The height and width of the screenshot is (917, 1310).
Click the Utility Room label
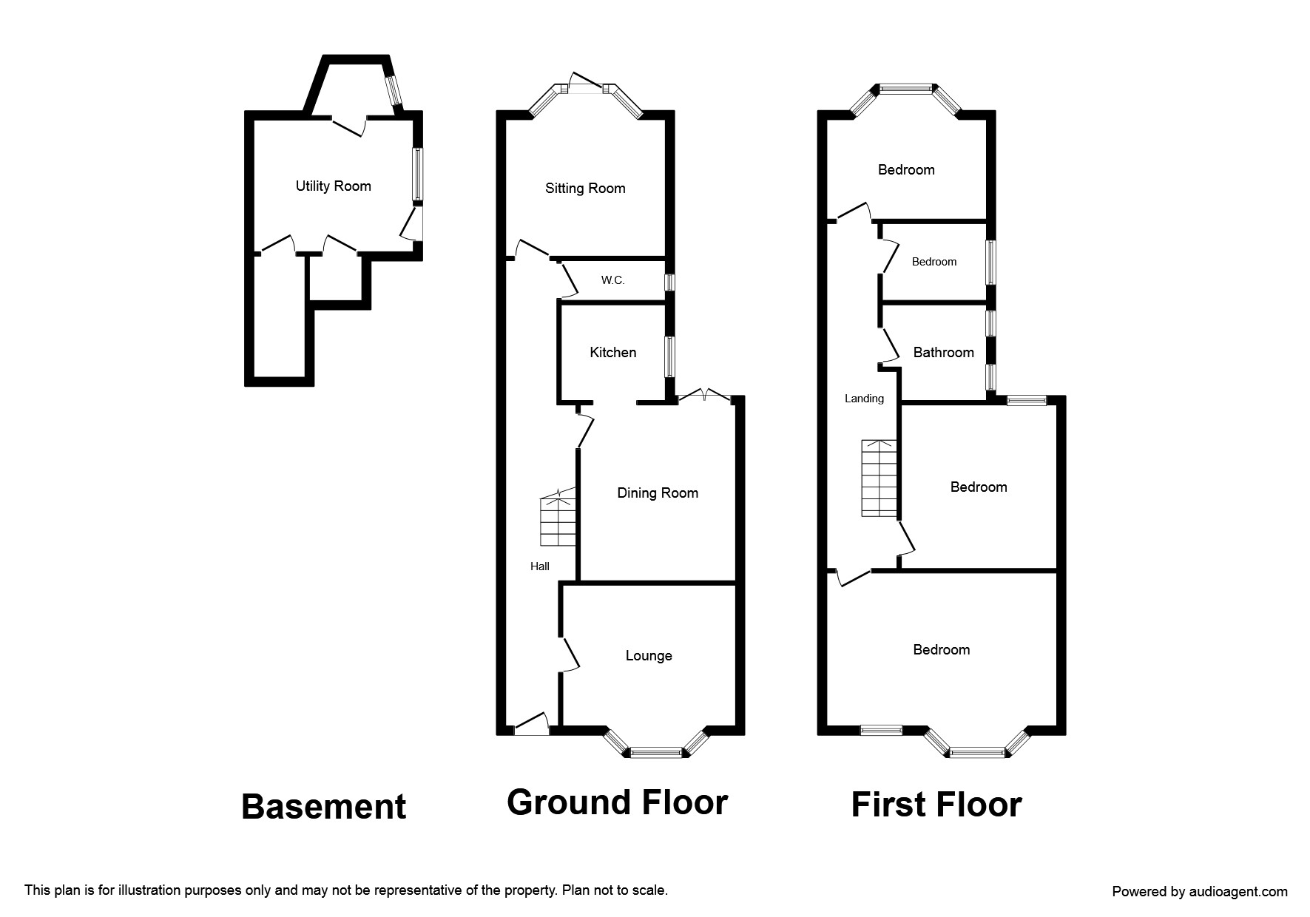pyautogui.click(x=333, y=186)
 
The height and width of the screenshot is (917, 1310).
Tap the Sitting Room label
pyautogui.click(x=585, y=189)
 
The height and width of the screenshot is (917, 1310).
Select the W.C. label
pyautogui.click(x=612, y=280)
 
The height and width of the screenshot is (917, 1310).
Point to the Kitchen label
pyautogui.click(x=612, y=353)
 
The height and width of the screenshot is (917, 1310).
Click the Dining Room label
pyautogui.click(x=658, y=493)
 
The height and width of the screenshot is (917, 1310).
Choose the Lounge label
pyautogui.click(x=649, y=656)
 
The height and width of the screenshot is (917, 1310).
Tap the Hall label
pyautogui.click(x=540, y=566)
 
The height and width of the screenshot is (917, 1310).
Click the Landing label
pyautogui.click(x=864, y=399)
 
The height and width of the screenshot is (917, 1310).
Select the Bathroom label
pyautogui.click(x=943, y=353)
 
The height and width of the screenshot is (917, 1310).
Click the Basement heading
pyautogui.click(x=324, y=807)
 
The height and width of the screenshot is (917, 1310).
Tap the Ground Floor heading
pyautogui.click(x=617, y=802)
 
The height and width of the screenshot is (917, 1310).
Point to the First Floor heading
pyautogui.click(x=936, y=805)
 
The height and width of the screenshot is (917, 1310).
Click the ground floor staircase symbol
pyautogui.click(x=558, y=517)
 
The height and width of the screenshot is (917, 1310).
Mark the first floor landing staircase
pyautogui.click(x=879, y=478)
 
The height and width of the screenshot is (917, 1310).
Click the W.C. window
pyautogui.click(x=669, y=282)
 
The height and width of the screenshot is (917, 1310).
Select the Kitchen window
pyautogui.click(x=669, y=358)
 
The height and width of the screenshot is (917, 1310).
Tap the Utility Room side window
pyautogui.click(x=417, y=175)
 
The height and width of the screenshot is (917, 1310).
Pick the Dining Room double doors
pyautogui.click(x=705, y=396)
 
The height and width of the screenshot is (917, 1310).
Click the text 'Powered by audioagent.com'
pyautogui.click(x=1200, y=892)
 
